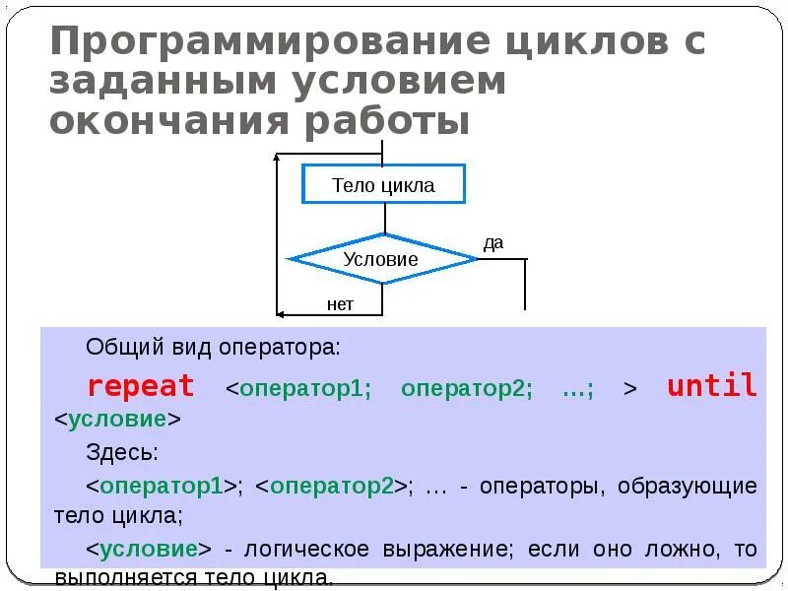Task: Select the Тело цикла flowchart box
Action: [x=383, y=185]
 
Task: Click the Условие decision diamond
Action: [x=381, y=260]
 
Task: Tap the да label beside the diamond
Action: [x=493, y=242]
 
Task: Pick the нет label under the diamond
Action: [x=340, y=304]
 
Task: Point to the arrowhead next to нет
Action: [x=281, y=314]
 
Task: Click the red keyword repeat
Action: [x=141, y=386]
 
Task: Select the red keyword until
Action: [x=712, y=386]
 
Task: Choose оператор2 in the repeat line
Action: [x=466, y=388]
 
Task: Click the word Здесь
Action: [x=121, y=453]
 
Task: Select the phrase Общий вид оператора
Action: [x=213, y=348]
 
